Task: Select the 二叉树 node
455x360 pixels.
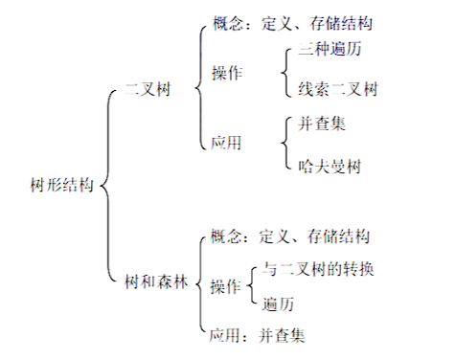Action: tap(148, 93)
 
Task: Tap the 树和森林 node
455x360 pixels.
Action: tap(156, 284)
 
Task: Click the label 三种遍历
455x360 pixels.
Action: tap(330, 49)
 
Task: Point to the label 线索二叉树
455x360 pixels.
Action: tap(338, 92)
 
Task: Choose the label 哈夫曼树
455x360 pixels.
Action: tap(330, 165)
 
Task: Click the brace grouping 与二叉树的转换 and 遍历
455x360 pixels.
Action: tap(251, 285)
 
